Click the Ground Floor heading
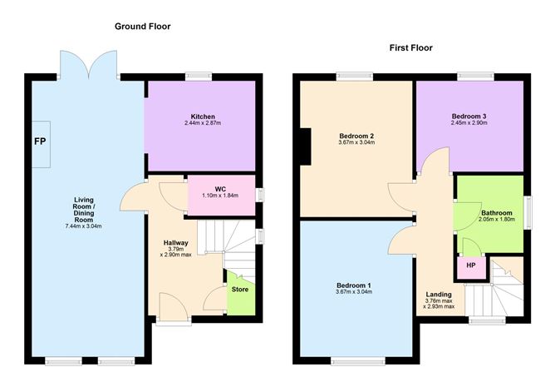tap(143, 27)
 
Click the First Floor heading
tap(411, 48)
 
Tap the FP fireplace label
tap(40, 141)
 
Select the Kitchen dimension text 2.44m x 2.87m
tap(203, 123)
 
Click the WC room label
tap(220, 189)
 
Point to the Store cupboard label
tap(240, 290)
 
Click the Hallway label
tap(175, 243)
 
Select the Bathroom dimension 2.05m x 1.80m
tap(497, 220)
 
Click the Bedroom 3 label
tap(469, 117)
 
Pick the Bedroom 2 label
tap(356, 136)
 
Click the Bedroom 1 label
tap(354, 285)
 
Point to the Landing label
tap(439, 295)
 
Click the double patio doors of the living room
tap(89, 65)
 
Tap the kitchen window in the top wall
tap(199, 77)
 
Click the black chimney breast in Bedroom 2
tap(306, 146)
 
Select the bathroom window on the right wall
tap(528, 212)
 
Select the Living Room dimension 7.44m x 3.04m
tap(84, 226)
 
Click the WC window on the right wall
tap(259, 195)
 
